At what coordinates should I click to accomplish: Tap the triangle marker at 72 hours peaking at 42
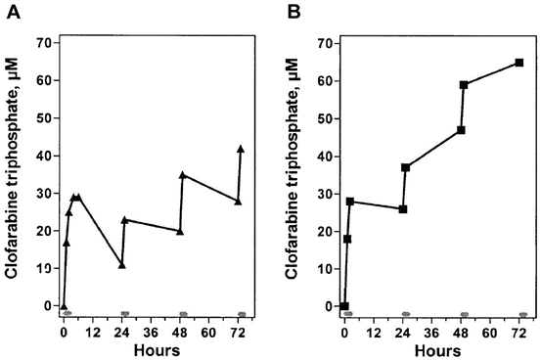pyautogui.click(x=241, y=149)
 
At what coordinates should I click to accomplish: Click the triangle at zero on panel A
pyautogui.click(x=64, y=305)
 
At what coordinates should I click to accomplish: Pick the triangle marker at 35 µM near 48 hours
pyautogui.click(x=183, y=175)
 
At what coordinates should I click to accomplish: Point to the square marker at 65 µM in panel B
pyautogui.click(x=519, y=63)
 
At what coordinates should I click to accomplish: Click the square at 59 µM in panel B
pyautogui.click(x=464, y=85)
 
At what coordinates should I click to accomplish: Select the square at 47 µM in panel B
pyautogui.click(x=461, y=130)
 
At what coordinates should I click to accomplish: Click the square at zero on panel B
pyautogui.click(x=344, y=306)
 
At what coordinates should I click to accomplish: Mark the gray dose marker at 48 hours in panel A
pyautogui.click(x=183, y=314)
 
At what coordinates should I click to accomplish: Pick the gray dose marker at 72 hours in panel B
pyautogui.click(x=522, y=315)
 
